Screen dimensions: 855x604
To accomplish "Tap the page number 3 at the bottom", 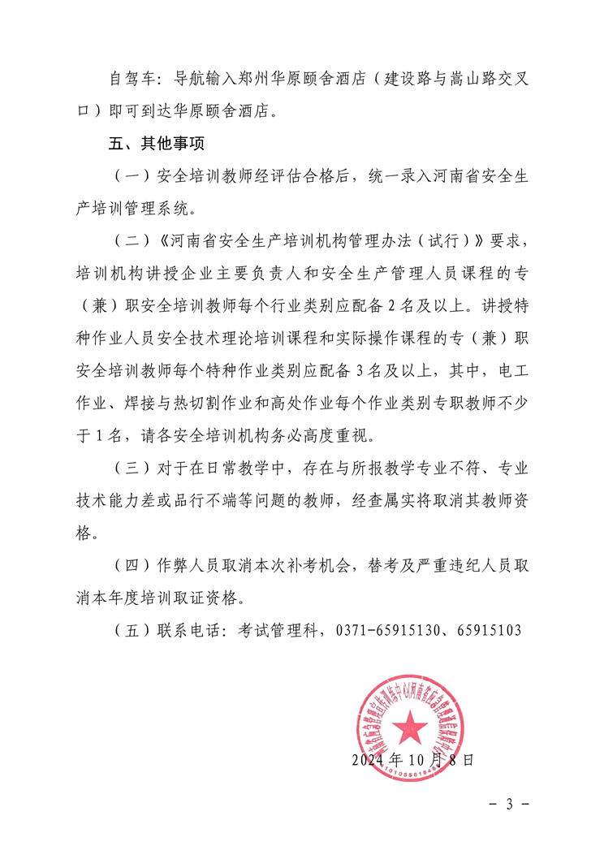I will point(510,804).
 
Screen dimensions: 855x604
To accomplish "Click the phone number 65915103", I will point(488,629).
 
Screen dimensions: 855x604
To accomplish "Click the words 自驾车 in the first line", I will point(129,80).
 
